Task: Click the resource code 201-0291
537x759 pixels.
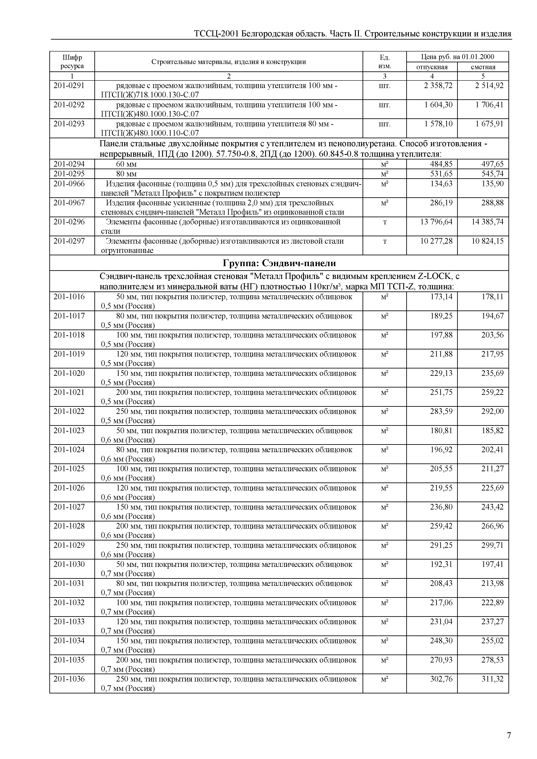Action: pos(69,86)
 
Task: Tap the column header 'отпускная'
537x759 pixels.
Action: pos(432,67)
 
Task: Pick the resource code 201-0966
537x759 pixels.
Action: pos(69,184)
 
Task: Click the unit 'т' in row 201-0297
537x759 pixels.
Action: pos(385,241)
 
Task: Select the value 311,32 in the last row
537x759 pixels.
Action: pos(492,679)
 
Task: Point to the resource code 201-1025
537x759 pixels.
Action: pos(69,469)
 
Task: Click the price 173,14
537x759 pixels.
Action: pos(441,297)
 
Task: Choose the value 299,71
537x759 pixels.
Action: pos(492,545)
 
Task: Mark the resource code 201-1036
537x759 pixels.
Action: pos(69,679)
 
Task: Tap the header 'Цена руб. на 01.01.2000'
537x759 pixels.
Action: pos(457,57)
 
